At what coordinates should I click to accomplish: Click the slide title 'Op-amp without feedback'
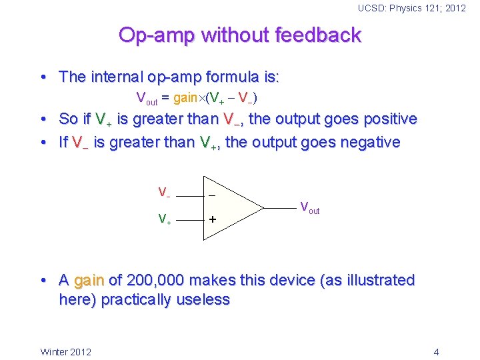point(239,35)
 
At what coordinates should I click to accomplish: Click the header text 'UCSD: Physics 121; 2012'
point(411,8)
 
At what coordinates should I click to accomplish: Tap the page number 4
point(436,351)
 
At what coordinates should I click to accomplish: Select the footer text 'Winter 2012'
point(66,351)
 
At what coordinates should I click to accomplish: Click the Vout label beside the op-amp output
point(309,208)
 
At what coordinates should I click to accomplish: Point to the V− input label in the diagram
point(164,193)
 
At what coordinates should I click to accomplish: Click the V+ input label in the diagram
point(164,219)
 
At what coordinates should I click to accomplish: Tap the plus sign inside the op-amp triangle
point(212,219)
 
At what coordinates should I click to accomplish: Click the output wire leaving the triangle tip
point(279,207)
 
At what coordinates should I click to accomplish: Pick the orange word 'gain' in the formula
point(185,98)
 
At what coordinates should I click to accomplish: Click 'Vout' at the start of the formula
point(147,99)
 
